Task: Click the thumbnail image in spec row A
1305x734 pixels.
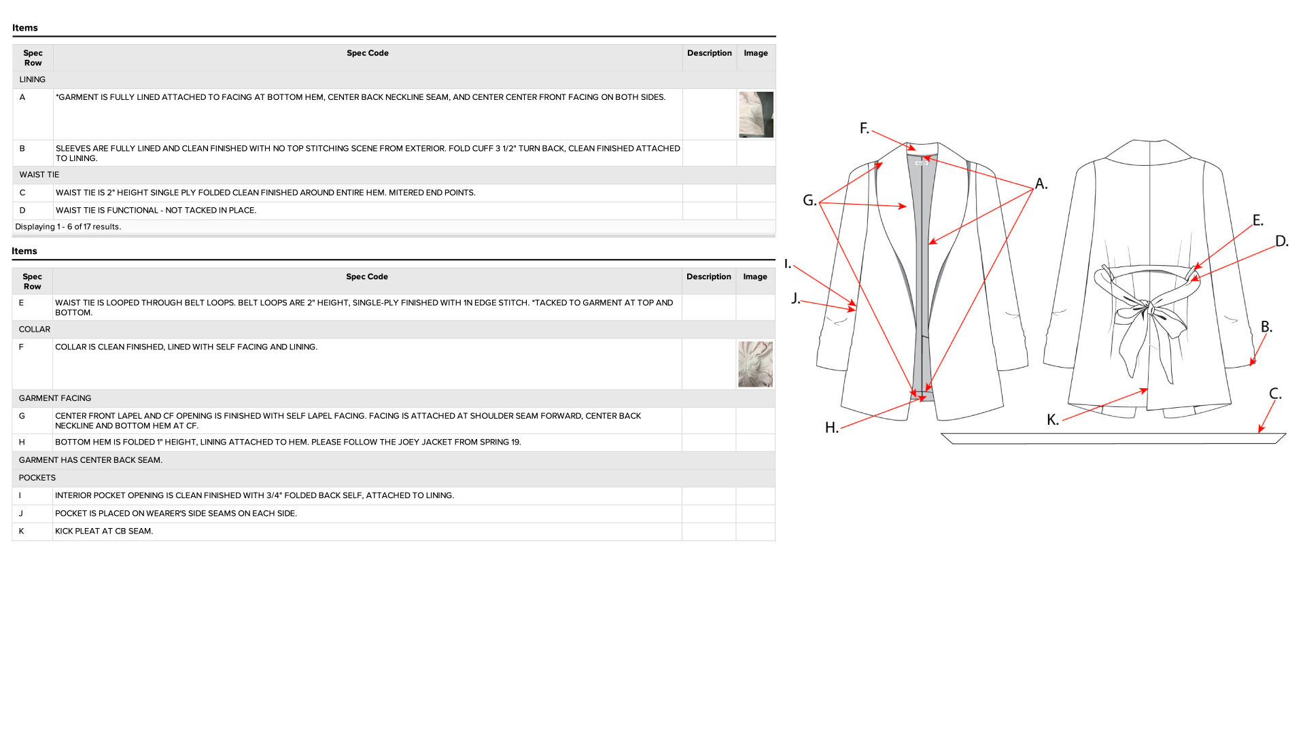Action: coord(756,115)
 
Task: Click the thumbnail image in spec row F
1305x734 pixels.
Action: coord(755,364)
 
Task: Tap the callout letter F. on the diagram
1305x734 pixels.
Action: coord(864,128)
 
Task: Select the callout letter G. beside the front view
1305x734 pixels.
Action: coord(810,200)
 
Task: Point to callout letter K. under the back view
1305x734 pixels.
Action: coord(1053,420)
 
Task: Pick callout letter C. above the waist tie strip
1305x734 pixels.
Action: coord(1275,394)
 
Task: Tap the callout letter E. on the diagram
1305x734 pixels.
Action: coord(1258,220)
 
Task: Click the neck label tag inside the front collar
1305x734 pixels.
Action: coord(922,163)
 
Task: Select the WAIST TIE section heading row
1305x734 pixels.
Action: coord(39,175)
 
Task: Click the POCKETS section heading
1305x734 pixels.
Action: coord(37,478)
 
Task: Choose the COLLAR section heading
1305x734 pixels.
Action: coord(35,329)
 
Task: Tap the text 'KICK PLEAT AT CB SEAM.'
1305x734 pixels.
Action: coord(104,531)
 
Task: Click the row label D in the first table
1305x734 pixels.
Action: coord(22,211)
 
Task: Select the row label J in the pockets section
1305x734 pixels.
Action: coord(21,514)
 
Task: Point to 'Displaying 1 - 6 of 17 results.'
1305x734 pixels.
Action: coord(68,227)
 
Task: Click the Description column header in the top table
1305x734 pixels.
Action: coord(710,53)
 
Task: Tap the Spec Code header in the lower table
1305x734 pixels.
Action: coord(367,277)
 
